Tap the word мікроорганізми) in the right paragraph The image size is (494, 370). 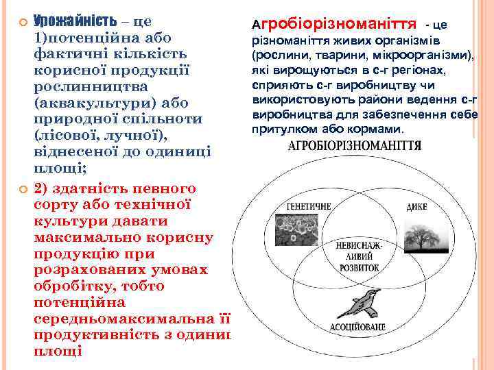pos(429,54)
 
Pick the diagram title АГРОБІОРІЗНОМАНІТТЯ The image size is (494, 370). pos(354,147)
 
